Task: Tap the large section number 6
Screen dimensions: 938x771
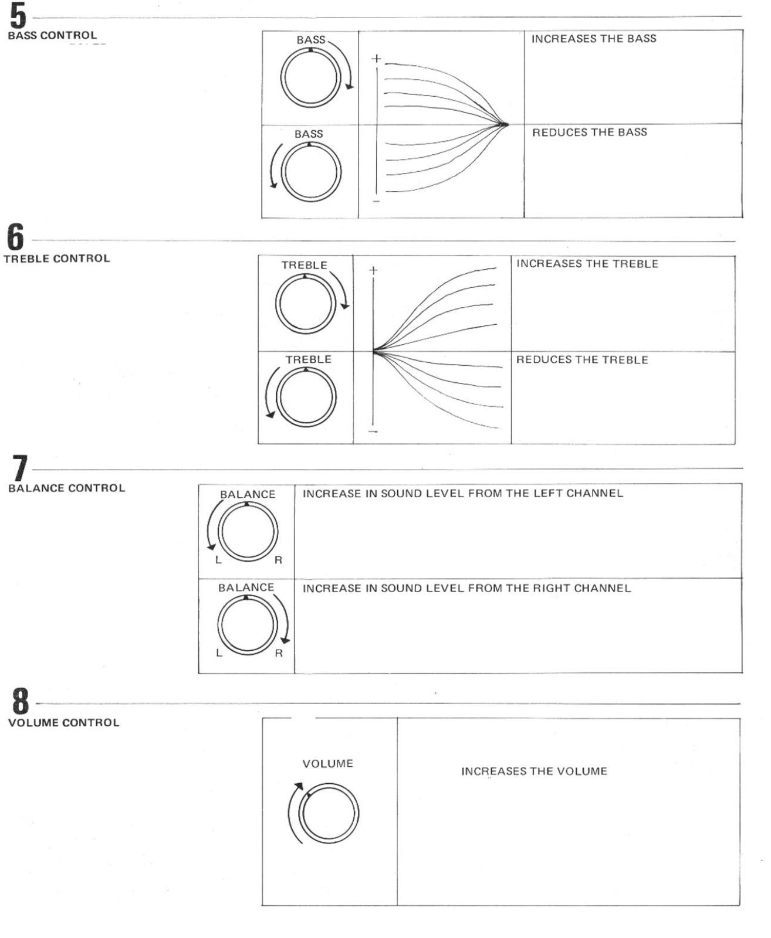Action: point(16,237)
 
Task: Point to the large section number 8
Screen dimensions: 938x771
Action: point(21,702)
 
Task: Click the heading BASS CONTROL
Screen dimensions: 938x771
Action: point(52,36)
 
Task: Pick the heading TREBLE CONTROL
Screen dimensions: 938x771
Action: point(57,259)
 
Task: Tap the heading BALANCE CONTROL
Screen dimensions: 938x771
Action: point(67,488)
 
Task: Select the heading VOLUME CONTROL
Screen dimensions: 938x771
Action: point(64,723)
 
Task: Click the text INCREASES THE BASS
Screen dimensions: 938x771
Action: point(594,39)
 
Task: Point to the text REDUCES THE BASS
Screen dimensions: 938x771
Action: point(590,132)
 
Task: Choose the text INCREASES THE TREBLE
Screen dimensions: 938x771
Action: point(587,264)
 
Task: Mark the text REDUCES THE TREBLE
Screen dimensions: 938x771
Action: point(582,360)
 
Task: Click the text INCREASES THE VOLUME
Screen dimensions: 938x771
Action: point(534,772)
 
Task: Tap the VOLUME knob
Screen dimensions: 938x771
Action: point(329,814)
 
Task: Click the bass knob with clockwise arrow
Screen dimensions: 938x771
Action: point(310,78)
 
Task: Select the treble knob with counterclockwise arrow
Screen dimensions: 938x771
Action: point(306,397)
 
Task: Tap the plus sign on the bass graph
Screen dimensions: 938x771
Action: point(376,59)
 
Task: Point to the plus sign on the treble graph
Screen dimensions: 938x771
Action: point(373,270)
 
